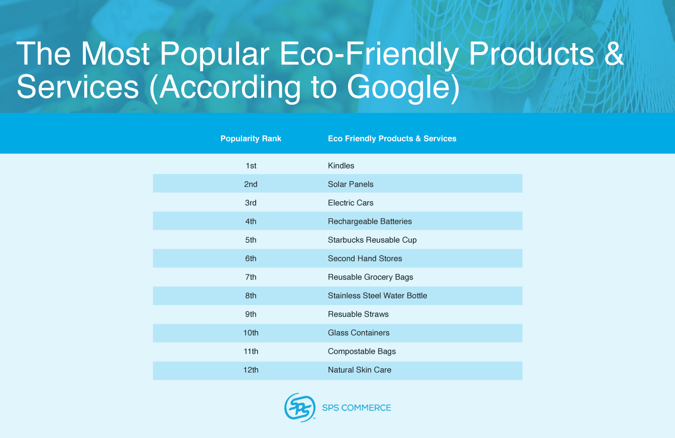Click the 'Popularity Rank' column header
tap(251, 138)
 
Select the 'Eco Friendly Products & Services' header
tap(392, 138)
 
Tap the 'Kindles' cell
tap(341, 166)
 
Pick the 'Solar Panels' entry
tap(351, 184)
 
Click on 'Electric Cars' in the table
tap(351, 203)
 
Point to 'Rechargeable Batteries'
tap(370, 221)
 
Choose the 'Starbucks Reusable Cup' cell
tap(372, 240)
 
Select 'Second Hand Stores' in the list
tap(365, 258)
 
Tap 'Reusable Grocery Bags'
tap(370, 277)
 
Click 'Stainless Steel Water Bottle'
tap(377, 296)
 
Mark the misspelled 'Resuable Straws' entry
tap(358, 314)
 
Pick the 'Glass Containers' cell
tap(359, 333)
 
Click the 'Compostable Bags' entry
tap(362, 351)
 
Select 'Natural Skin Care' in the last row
tap(360, 370)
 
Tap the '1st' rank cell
tap(251, 166)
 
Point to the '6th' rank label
tap(251, 258)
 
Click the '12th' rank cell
tap(251, 370)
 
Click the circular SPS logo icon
tap(300, 407)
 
